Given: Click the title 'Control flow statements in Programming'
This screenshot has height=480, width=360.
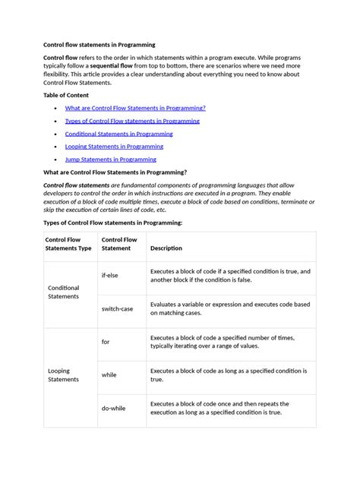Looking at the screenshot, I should (x=99, y=45).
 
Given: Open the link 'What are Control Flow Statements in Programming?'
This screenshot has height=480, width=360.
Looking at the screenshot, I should (x=135, y=108).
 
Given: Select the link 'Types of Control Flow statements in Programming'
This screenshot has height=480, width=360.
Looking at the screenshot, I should (x=132, y=121).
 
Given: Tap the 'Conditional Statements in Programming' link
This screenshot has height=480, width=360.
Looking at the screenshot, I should (x=118, y=134).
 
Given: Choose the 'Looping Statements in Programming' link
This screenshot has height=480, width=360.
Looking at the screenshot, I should (x=114, y=147).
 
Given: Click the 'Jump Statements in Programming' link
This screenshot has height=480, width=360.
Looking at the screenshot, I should (x=110, y=159).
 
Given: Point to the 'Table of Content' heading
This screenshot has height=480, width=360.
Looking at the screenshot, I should (x=66, y=95).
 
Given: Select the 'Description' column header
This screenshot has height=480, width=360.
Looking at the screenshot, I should (x=166, y=248).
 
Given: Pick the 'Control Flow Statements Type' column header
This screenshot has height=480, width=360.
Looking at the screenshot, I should (x=69, y=244).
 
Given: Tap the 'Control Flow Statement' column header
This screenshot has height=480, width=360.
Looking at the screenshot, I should (x=119, y=244).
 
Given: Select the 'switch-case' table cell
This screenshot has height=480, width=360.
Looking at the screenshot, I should (x=117, y=308).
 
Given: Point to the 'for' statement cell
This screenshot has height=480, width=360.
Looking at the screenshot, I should (x=106, y=342).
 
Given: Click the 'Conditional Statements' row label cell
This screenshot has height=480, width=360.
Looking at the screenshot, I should (x=64, y=292).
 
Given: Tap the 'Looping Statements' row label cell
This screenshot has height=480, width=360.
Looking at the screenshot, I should (x=64, y=375).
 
